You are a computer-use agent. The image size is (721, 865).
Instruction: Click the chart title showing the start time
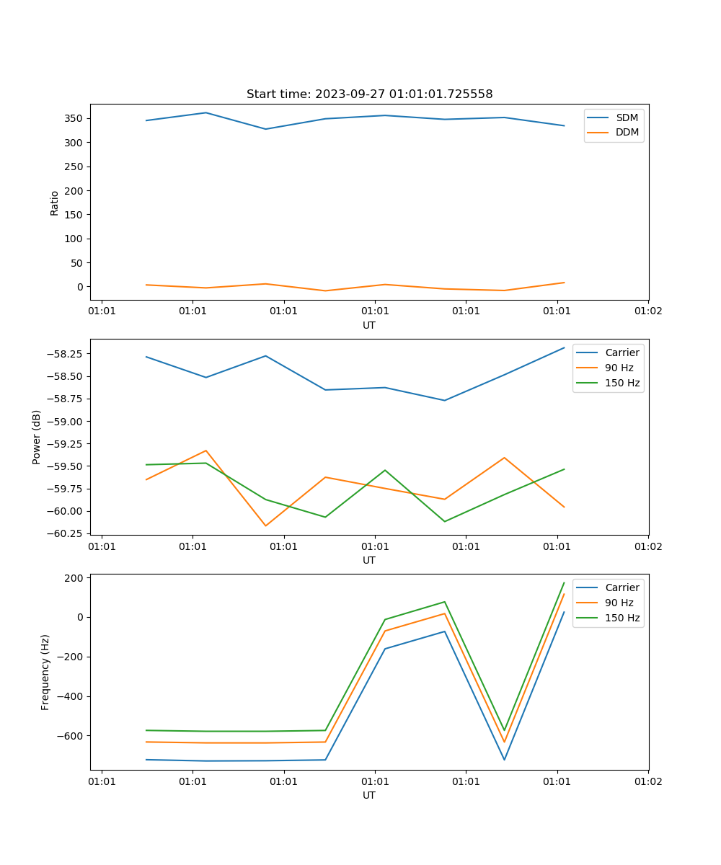point(369,94)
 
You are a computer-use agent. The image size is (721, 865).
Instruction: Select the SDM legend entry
point(627,117)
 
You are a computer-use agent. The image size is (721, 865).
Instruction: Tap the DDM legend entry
point(627,132)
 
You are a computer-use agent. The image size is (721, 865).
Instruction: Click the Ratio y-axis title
point(55,203)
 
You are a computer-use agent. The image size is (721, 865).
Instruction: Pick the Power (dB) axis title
point(37,437)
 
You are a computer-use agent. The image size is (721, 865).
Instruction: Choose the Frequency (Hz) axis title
point(45,672)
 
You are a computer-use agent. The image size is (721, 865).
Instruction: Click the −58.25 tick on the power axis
point(66,354)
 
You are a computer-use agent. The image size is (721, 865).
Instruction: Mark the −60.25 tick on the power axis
point(66,533)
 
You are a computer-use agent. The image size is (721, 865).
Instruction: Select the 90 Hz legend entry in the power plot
point(619,368)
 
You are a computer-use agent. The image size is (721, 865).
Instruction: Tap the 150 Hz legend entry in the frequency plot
point(623,618)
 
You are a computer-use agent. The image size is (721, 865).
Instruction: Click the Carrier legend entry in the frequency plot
point(622,587)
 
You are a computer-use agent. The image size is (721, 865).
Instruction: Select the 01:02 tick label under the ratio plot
point(648,311)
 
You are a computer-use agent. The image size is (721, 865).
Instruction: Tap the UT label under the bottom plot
point(369,795)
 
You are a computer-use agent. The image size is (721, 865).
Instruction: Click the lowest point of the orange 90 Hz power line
point(265,525)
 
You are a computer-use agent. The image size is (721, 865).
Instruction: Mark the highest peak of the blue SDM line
point(206,112)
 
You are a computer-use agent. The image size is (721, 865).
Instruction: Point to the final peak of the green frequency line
point(564,582)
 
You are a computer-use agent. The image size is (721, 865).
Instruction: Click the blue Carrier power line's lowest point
point(444,400)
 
